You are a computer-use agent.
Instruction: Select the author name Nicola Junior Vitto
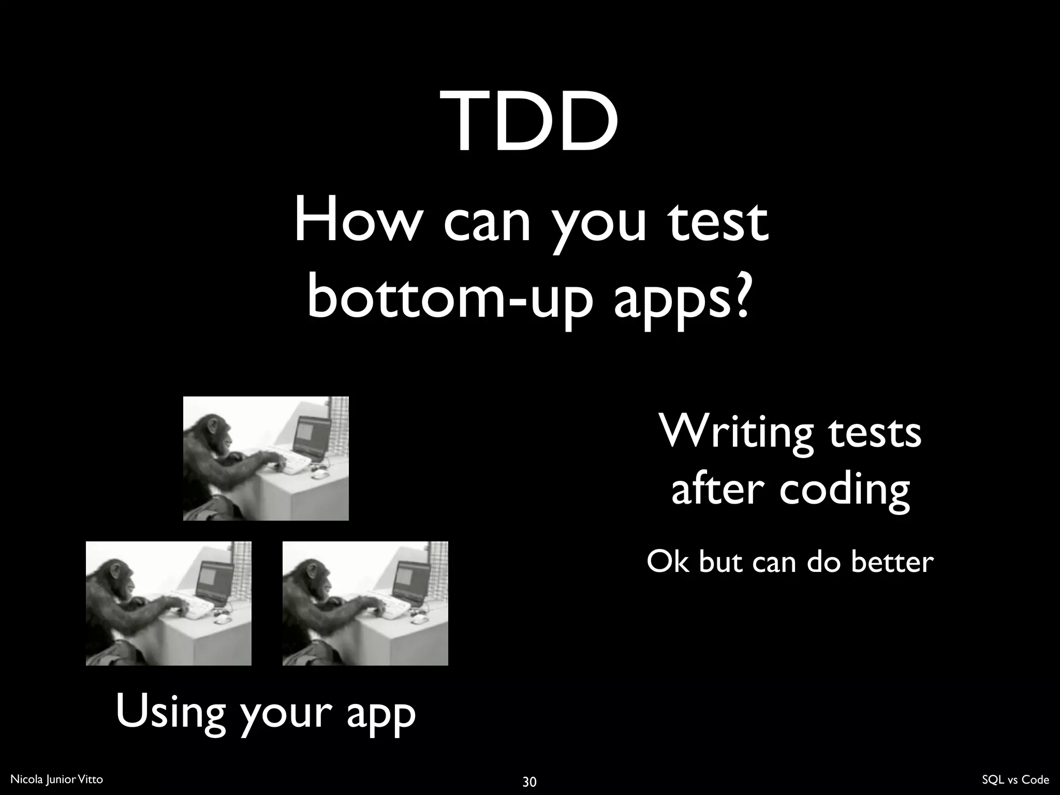point(57,779)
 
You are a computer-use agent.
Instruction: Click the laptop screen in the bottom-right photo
point(411,579)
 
